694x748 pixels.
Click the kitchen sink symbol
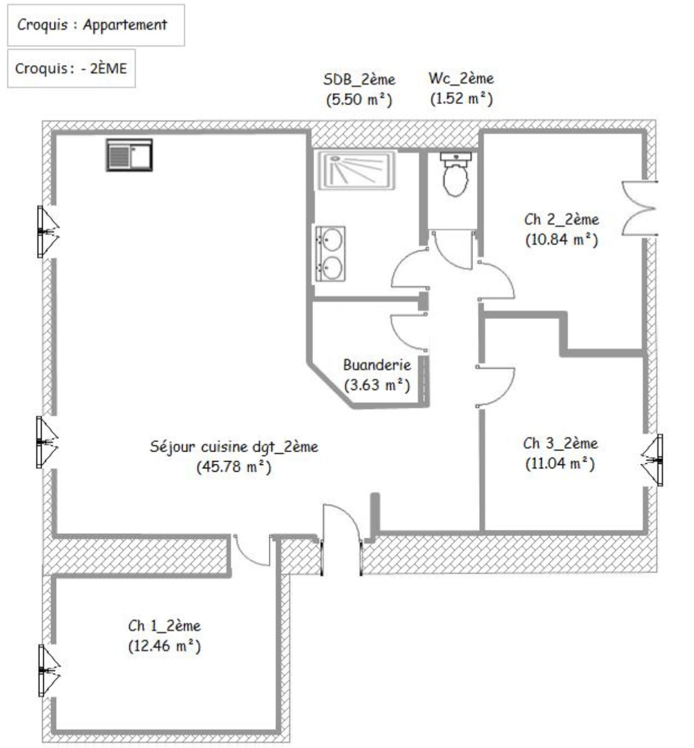pyautogui.click(x=129, y=155)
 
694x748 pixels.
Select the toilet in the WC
pyautogui.click(x=455, y=174)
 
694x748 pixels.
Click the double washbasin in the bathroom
pyautogui.click(x=330, y=254)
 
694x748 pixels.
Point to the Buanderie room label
pyautogui.click(x=377, y=365)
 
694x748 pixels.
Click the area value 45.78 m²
pyautogui.click(x=234, y=467)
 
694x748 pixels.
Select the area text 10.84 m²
pyautogui.click(x=562, y=240)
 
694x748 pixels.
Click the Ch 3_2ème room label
pyautogui.click(x=560, y=443)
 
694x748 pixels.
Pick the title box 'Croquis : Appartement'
pyautogui.click(x=96, y=25)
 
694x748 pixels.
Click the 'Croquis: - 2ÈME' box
pyautogui.click(x=71, y=69)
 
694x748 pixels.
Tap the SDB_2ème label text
pyautogui.click(x=359, y=79)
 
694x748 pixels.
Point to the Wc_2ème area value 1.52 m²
pyautogui.click(x=461, y=99)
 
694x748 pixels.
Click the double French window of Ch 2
pyautogui.click(x=640, y=208)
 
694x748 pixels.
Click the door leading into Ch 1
pyautogui.click(x=252, y=549)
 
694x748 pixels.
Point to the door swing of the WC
pyautogui.click(x=452, y=250)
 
